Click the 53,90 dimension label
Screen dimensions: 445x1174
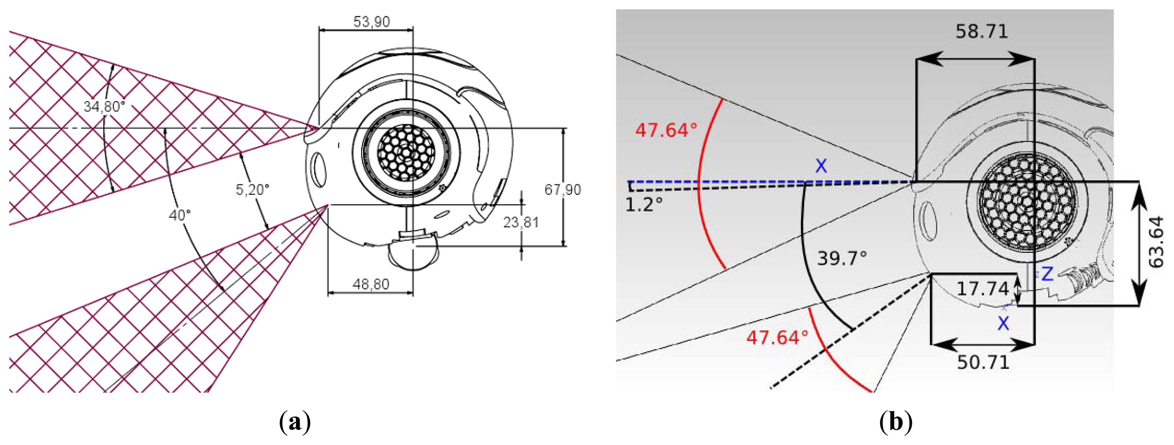[371, 21]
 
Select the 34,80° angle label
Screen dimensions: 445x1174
[104, 106]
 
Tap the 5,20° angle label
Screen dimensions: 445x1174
[253, 189]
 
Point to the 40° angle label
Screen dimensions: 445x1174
[180, 215]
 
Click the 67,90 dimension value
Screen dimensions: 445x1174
[563, 189]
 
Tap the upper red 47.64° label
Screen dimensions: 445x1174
[666, 130]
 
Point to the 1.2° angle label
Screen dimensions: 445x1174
[643, 206]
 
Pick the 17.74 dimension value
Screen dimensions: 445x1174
[983, 289]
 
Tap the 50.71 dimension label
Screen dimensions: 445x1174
[983, 363]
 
